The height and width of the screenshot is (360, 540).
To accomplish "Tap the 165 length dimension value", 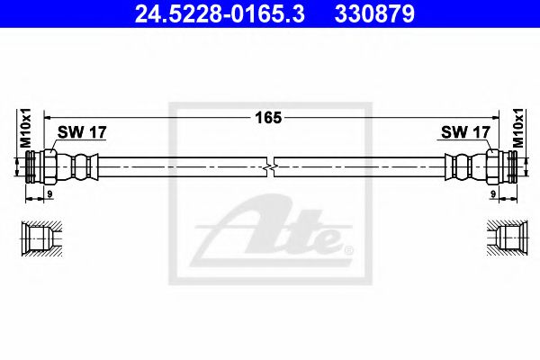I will click(269, 117).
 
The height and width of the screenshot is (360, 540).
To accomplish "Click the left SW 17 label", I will click(82, 132).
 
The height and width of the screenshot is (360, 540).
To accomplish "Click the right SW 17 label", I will click(464, 132).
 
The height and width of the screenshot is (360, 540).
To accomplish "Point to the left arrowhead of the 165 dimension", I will click(48, 117).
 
